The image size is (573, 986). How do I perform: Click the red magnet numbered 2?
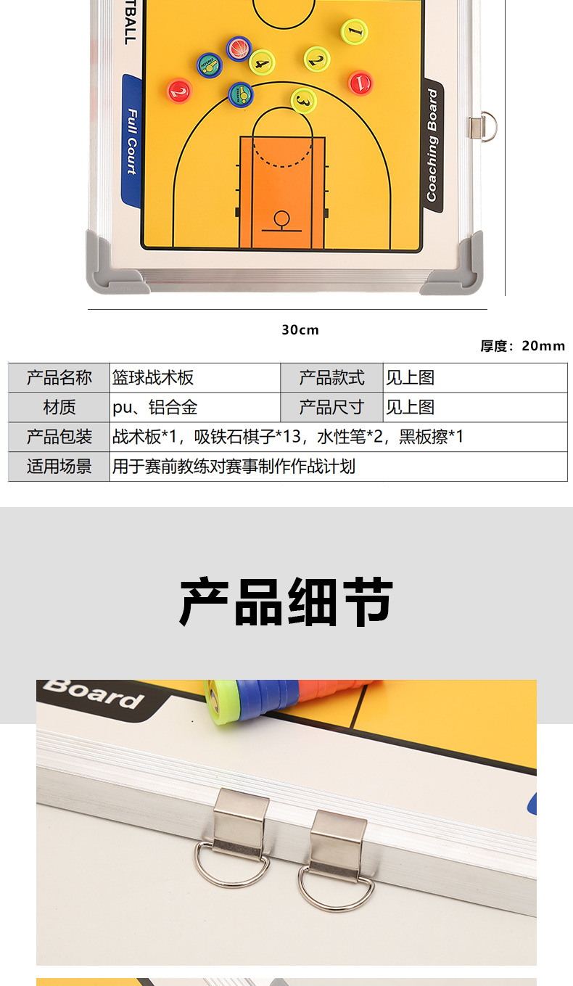pyautogui.click(x=179, y=91)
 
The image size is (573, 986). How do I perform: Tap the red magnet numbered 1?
pyautogui.click(x=360, y=83)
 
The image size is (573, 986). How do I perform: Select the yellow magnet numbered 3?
pyautogui.click(x=304, y=101)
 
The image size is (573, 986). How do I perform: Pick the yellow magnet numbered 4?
pyautogui.click(x=262, y=62)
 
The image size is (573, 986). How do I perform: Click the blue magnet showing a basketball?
pyautogui.click(x=239, y=49)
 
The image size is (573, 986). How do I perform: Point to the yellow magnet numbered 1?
pyautogui.click(x=354, y=31)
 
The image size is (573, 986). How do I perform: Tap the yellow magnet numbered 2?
pyautogui.click(x=316, y=59)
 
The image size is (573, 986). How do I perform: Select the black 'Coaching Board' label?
pyautogui.click(x=433, y=145)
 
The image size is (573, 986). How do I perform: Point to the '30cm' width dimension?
pyautogui.click(x=300, y=330)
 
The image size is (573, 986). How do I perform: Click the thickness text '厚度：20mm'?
pyautogui.click(x=522, y=346)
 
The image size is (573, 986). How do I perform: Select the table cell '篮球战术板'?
pyautogui.click(x=153, y=378)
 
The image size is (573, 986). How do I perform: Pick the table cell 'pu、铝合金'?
pyautogui.click(x=155, y=408)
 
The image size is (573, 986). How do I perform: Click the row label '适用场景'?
pyautogui.click(x=59, y=467)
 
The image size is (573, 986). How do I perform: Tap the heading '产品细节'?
pyautogui.click(x=286, y=602)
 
